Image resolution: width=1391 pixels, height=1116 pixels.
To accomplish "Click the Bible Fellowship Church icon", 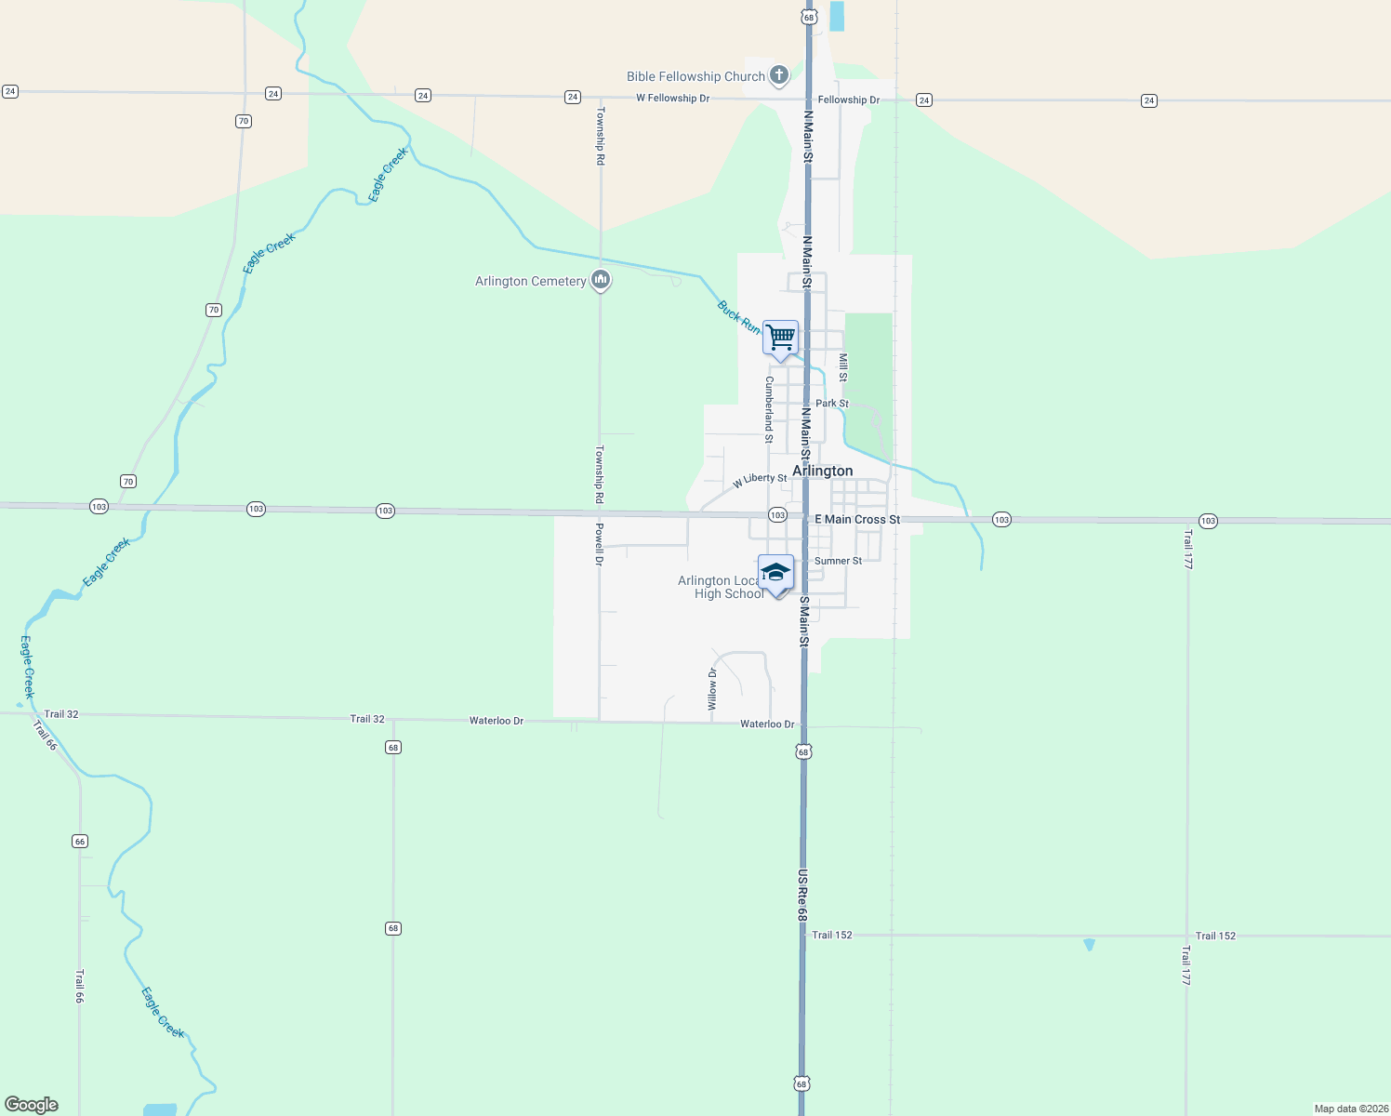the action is tap(779, 75).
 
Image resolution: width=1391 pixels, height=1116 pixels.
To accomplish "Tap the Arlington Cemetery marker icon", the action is tap(601, 279).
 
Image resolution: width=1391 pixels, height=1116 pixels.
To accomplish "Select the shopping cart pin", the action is tap(780, 337).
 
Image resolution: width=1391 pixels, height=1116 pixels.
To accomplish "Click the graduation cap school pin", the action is tap(775, 573).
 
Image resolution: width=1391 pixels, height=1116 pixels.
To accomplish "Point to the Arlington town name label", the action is tap(822, 471).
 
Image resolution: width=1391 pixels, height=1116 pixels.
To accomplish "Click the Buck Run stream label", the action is tap(738, 316).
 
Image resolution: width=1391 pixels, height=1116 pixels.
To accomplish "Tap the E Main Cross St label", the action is tap(857, 519).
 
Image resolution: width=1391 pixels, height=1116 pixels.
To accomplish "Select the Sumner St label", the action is tap(838, 561).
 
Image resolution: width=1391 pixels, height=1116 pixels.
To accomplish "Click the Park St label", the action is tap(831, 404).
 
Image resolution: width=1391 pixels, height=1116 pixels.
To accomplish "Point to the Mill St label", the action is tap(843, 367).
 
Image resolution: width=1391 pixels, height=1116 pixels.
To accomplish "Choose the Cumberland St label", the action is tap(769, 408).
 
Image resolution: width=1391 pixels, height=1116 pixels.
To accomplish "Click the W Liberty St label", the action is tap(760, 480).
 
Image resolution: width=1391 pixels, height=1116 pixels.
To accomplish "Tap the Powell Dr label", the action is tap(600, 544).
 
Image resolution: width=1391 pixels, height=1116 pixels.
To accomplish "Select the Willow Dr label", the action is tap(712, 689).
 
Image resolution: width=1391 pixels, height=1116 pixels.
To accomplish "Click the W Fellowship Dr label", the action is tap(672, 98).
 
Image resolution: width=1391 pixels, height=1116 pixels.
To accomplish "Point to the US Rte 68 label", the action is tap(801, 896).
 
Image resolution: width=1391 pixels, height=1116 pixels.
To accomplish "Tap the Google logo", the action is tap(32, 1104).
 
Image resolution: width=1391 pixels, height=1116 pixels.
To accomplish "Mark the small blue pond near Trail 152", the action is tap(1089, 944).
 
